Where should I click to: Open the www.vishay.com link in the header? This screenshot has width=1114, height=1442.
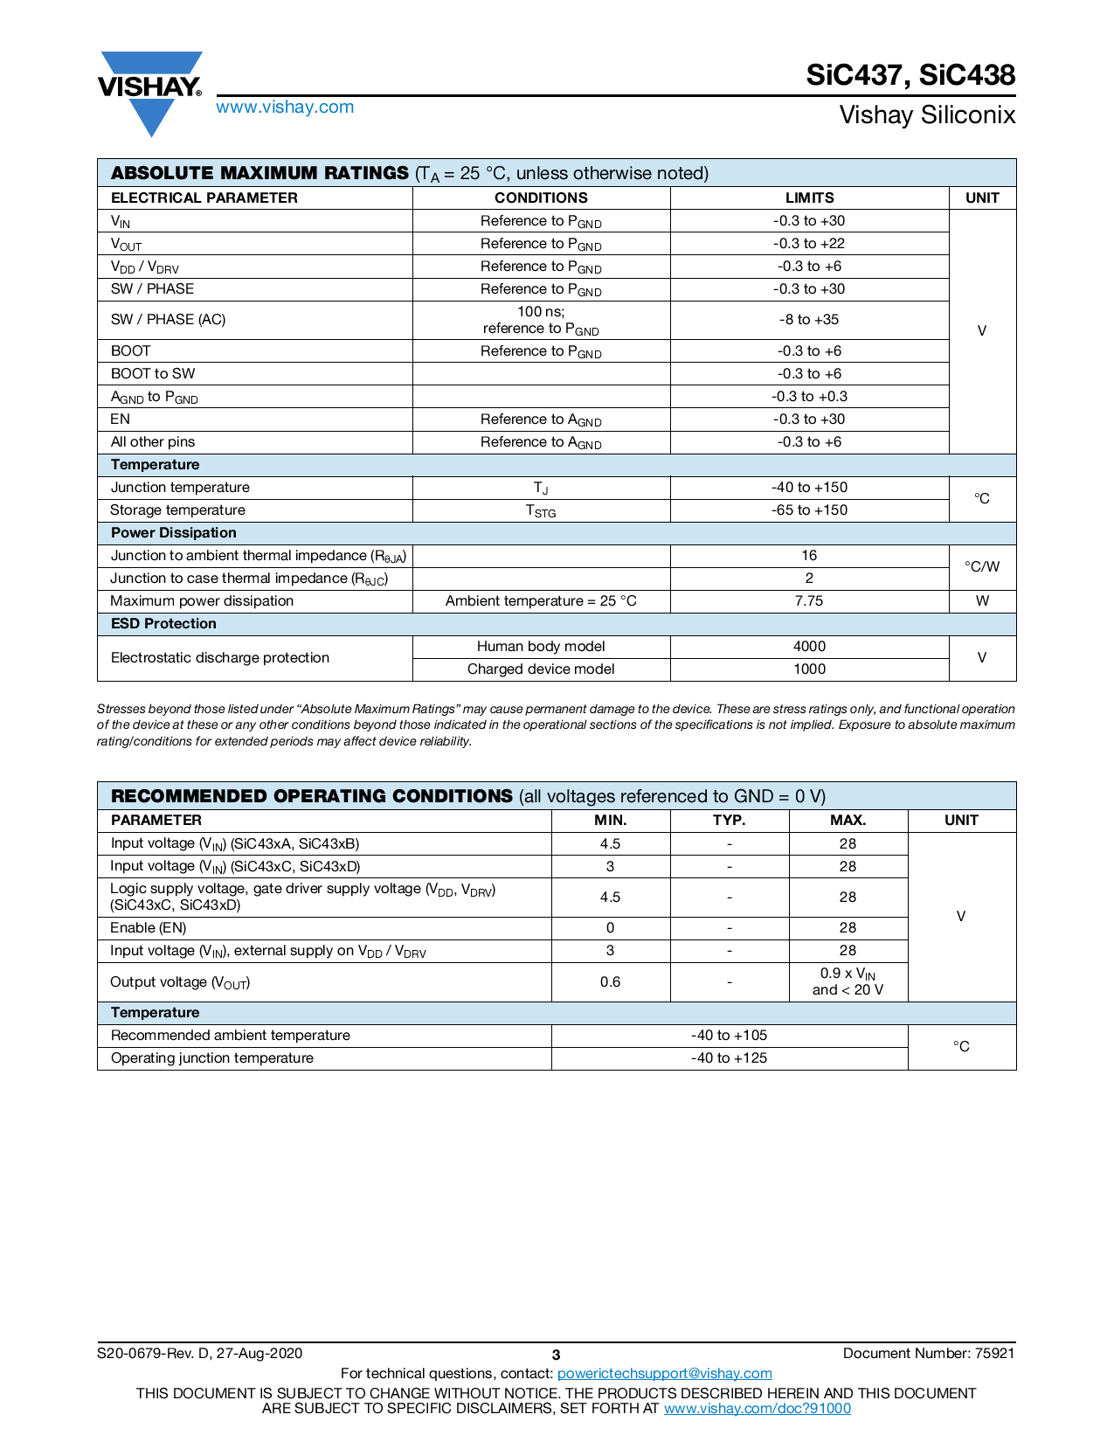[285, 107]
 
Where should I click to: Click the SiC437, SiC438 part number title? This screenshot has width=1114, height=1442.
[910, 75]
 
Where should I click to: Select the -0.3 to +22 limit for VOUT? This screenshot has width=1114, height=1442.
[809, 244]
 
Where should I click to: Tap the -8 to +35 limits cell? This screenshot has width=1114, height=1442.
[809, 320]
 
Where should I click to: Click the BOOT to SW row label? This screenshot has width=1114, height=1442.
[153, 373]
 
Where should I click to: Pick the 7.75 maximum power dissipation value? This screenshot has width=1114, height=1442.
[809, 601]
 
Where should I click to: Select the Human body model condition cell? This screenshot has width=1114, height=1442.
[541, 647]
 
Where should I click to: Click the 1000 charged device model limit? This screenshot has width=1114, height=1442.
[809, 669]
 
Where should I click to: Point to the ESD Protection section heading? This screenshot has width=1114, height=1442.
[163, 624]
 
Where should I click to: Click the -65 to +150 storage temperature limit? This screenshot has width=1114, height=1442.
[809, 510]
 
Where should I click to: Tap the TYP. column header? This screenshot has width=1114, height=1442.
[729, 821]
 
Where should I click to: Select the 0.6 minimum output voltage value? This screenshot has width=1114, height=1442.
[610, 982]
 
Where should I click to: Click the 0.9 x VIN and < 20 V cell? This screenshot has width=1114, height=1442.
[848, 981]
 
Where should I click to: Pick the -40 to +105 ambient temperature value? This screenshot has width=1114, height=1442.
[729, 1036]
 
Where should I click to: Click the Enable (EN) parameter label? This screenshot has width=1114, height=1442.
[149, 928]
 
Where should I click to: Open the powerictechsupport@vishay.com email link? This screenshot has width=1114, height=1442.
[664, 1374]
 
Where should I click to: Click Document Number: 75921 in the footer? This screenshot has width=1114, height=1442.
[928, 1354]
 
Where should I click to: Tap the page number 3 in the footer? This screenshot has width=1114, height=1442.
[556, 1355]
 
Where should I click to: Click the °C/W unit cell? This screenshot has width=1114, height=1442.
[982, 567]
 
